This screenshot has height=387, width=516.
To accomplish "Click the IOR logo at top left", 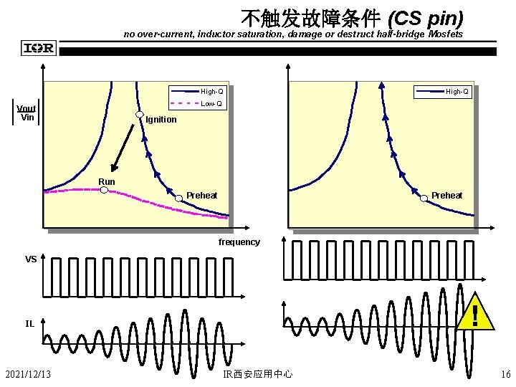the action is [39, 49].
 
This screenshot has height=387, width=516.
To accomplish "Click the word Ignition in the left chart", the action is [161, 120].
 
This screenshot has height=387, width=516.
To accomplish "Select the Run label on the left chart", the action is [106, 182].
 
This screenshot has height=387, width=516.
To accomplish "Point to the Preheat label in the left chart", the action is [201, 196].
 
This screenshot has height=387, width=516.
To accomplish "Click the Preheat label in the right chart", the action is [446, 196].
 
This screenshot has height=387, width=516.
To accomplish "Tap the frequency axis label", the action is [239, 242].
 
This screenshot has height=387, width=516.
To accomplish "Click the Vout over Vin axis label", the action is [27, 113].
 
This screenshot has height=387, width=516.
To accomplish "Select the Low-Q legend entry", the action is [211, 104].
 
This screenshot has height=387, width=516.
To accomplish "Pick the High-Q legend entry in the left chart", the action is [211, 92].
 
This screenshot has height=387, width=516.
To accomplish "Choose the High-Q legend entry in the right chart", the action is [457, 92].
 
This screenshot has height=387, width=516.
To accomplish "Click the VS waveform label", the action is [31, 259].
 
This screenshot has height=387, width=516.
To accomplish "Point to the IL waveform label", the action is [30, 323].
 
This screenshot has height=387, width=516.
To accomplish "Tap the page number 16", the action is [506, 374].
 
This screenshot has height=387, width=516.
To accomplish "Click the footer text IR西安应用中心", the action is [257, 374].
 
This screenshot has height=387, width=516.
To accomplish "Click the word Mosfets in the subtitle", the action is [446, 34].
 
